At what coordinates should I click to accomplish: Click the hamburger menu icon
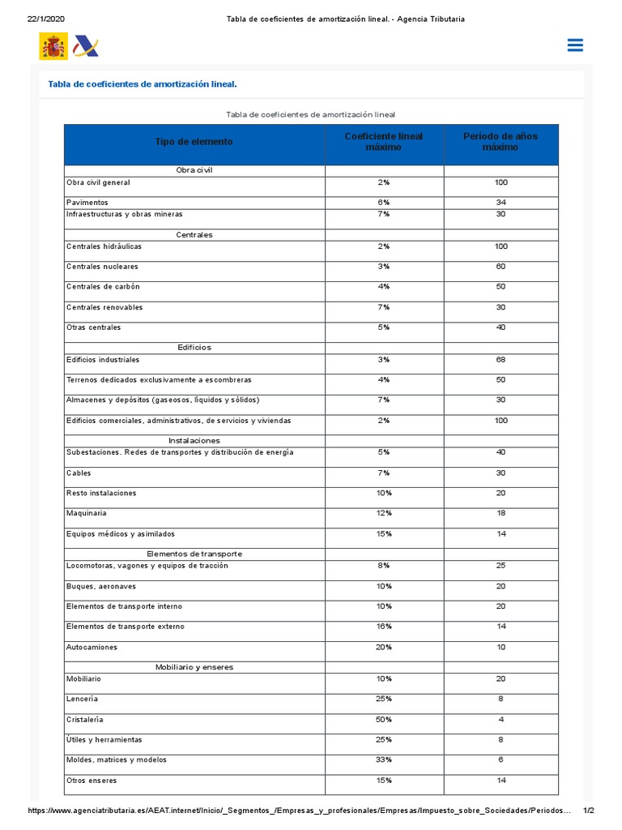[x=575, y=45]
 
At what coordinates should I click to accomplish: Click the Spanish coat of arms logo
[x=53, y=46]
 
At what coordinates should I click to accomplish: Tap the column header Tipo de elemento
[x=194, y=142]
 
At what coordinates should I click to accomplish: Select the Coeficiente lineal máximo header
[x=384, y=142]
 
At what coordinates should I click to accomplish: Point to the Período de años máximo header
[x=501, y=142]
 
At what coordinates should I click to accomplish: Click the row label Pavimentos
[x=87, y=202]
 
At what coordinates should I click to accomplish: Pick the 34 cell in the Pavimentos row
[x=501, y=202]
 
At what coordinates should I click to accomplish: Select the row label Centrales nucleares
[x=102, y=267]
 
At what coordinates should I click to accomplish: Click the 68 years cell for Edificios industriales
[x=501, y=359]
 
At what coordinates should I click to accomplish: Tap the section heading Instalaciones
[x=194, y=440]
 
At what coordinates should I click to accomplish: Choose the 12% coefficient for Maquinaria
[x=384, y=513]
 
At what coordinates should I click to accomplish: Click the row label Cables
[x=79, y=473]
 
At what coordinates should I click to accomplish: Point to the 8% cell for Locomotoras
[x=384, y=565]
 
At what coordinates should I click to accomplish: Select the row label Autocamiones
[x=92, y=647]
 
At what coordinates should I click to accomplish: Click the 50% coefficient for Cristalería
[x=384, y=719]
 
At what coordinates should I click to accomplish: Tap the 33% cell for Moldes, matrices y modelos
[x=384, y=759]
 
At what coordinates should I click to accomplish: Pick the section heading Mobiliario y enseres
[x=194, y=667]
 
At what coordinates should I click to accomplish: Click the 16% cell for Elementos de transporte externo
[x=384, y=627]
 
